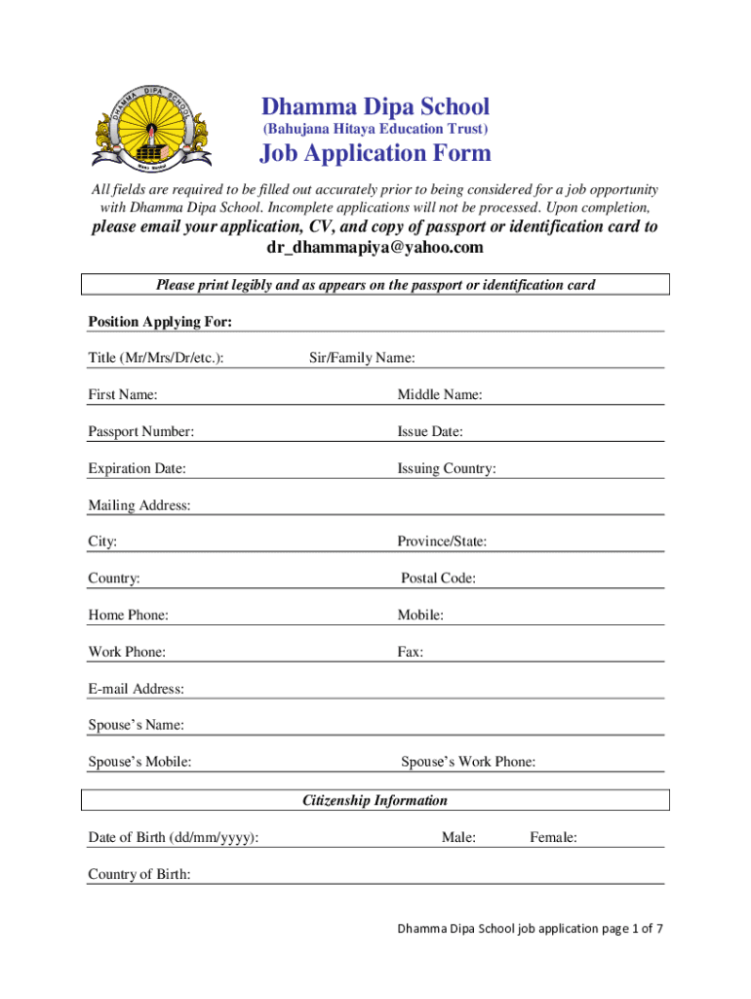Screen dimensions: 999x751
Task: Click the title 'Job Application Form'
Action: [375, 153]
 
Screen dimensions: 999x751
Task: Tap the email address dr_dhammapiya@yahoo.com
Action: [375, 248]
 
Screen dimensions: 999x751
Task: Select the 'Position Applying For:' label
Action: [160, 322]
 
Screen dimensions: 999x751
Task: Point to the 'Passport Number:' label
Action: [140, 431]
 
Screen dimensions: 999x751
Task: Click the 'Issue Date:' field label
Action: [429, 431]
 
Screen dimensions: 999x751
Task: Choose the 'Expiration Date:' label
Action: [137, 468]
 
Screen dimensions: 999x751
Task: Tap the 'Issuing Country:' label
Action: [446, 468]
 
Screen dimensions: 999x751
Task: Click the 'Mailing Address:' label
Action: [139, 505]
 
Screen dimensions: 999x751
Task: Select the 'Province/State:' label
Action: [442, 541]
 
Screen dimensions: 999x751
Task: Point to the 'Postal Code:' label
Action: [438, 579]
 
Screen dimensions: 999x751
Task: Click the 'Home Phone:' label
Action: [128, 616]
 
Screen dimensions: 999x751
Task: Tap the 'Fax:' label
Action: [410, 652]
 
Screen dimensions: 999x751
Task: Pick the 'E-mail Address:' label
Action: [136, 689]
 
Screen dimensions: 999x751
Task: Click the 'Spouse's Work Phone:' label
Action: [468, 762]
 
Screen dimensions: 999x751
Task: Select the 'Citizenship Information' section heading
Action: [375, 800]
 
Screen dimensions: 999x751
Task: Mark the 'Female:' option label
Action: [553, 837]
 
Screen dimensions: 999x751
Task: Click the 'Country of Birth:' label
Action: [139, 874]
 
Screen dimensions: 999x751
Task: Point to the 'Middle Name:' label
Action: [439, 395]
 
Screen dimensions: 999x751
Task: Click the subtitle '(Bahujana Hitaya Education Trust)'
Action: [375, 129]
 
